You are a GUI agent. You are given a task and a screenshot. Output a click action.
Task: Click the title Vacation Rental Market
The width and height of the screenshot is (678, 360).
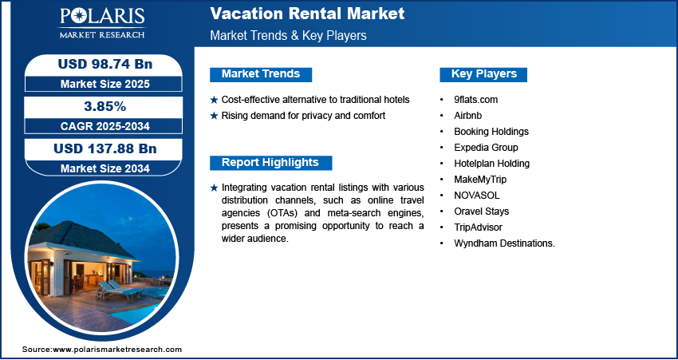click(x=307, y=14)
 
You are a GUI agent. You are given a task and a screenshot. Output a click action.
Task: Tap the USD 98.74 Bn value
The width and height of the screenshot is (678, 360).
click(x=104, y=65)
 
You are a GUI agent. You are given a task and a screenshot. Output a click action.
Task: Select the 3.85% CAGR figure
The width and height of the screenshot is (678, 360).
click(x=104, y=106)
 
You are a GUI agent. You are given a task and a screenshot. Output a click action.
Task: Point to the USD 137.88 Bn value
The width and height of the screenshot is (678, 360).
click(x=104, y=148)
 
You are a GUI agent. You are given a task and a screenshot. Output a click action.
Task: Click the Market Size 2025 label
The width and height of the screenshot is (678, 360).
click(x=104, y=84)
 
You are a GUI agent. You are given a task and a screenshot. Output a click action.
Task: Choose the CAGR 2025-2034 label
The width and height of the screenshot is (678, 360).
click(x=104, y=126)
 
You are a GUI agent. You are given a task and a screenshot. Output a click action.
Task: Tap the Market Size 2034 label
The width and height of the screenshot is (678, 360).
click(x=104, y=168)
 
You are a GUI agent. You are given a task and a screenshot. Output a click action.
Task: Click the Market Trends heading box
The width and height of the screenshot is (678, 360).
click(x=261, y=74)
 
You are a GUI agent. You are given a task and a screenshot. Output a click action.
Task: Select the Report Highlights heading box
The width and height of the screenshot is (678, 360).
click(x=270, y=163)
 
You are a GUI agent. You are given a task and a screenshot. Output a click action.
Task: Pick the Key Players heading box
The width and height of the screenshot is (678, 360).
click(x=483, y=74)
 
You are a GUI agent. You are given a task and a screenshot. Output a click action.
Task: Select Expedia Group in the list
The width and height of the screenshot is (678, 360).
click(x=486, y=147)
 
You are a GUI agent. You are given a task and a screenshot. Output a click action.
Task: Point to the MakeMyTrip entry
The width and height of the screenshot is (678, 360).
click(x=480, y=179)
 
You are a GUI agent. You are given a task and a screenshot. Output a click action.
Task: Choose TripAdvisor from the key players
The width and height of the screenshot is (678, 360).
click(x=479, y=227)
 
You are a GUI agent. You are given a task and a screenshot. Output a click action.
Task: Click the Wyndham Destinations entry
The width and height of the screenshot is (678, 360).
click(x=504, y=243)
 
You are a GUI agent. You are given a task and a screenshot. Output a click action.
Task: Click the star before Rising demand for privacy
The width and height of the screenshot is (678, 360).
click(x=214, y=116)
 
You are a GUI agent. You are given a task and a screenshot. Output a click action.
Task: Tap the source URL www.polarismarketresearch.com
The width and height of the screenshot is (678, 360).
click(x=117, y=350)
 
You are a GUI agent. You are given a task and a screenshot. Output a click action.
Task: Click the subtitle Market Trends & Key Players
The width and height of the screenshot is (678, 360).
click(x=288, y=36)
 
